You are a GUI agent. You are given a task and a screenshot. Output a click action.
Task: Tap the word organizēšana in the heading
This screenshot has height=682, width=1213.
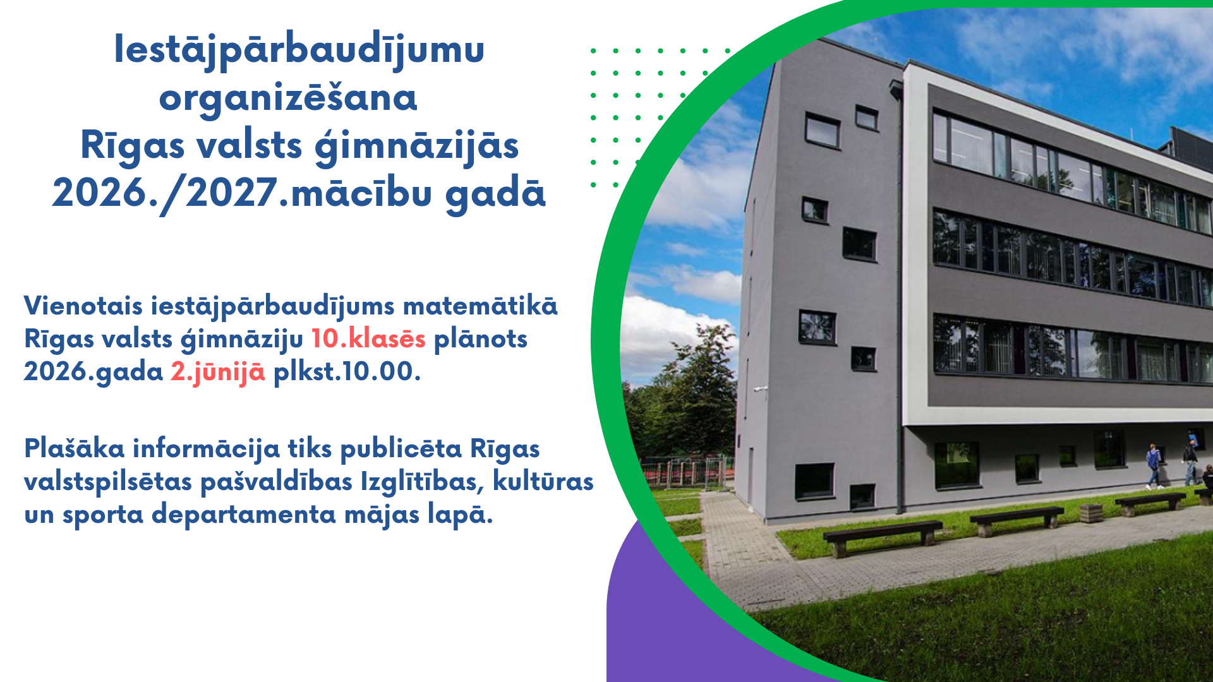click(288, 99)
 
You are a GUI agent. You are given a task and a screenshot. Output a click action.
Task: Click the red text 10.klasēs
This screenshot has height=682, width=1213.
click(368, 339)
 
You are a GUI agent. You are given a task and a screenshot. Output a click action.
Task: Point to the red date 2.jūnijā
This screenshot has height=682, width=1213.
click(218, 372)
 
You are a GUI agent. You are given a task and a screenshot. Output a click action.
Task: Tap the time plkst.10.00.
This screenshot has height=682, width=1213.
click(347, 372)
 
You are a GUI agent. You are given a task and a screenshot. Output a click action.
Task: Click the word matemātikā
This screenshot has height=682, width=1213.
click(480, 306)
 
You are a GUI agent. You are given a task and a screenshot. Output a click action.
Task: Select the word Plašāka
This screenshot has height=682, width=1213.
click(74, 449)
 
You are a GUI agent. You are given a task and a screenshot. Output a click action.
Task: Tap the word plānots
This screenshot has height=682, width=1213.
click(481, 339)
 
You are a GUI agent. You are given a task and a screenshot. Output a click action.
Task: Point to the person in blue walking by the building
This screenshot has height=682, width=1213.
click(1154, 465)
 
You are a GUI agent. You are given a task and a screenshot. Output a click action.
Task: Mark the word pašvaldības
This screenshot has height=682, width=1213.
click(276, 482)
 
